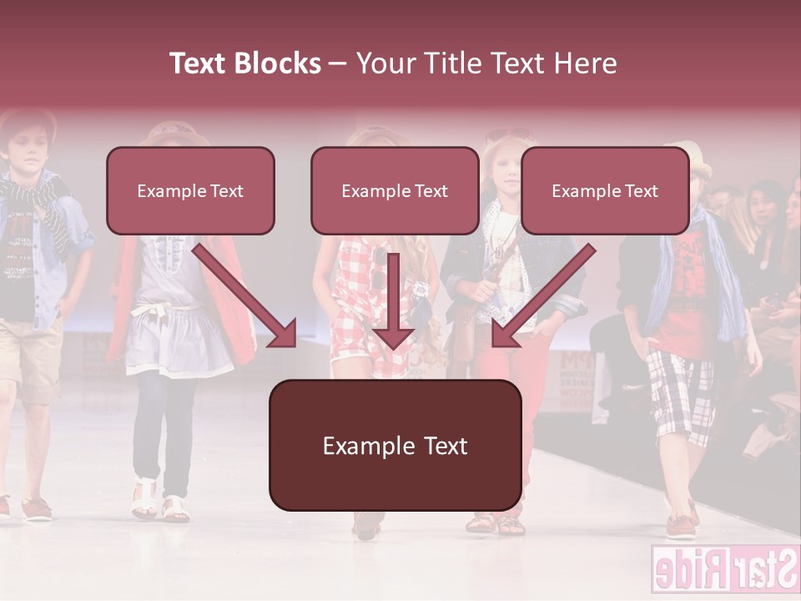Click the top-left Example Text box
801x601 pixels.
click(190, 191)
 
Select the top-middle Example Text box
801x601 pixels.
click(395, 191)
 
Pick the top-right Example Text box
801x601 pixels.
click(605, 191)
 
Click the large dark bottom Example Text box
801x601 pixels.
click(395, 446)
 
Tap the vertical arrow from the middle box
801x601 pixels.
click(394, 300)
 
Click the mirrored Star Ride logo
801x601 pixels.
click(724, 571)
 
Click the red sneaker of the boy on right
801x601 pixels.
click(681, 526)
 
